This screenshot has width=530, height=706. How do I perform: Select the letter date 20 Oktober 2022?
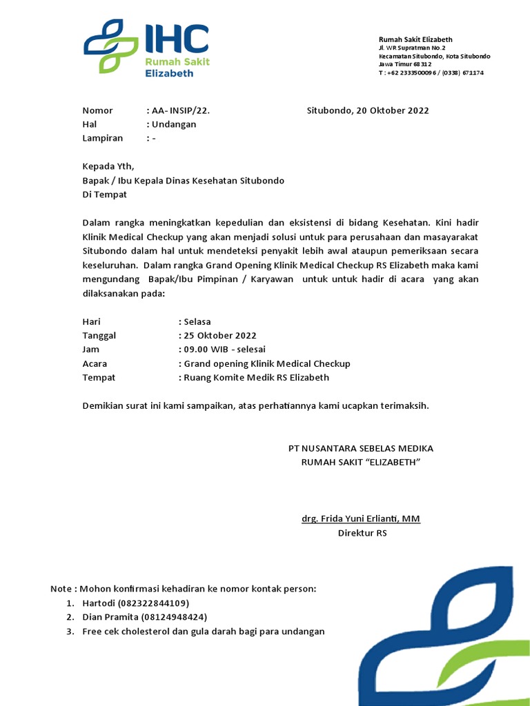pyautogui.click(x=368, y=110)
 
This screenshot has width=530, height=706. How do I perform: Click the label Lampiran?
pyautogui.click(x=102, y=138)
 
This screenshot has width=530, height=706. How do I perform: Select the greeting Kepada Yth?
pyautogui.click(x=108, y=166)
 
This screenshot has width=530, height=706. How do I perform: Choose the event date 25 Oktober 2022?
pyautogui.click(x=219, y=336)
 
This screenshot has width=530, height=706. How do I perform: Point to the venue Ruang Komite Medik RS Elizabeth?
pyautogui.click(x=256, y=377)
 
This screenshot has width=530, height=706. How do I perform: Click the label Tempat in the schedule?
pyautogui.click(x=99, y=377)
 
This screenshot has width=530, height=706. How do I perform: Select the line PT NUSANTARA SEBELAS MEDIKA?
pyautogui.click(x=360, y=449)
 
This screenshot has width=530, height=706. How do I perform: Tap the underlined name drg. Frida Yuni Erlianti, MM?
pyautogui.click(x=360, y=519)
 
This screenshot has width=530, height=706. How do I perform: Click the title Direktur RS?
pyautogui.click(x=362, y=534)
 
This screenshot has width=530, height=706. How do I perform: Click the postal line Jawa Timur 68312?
pyautogui.click(x=404, y=64)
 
